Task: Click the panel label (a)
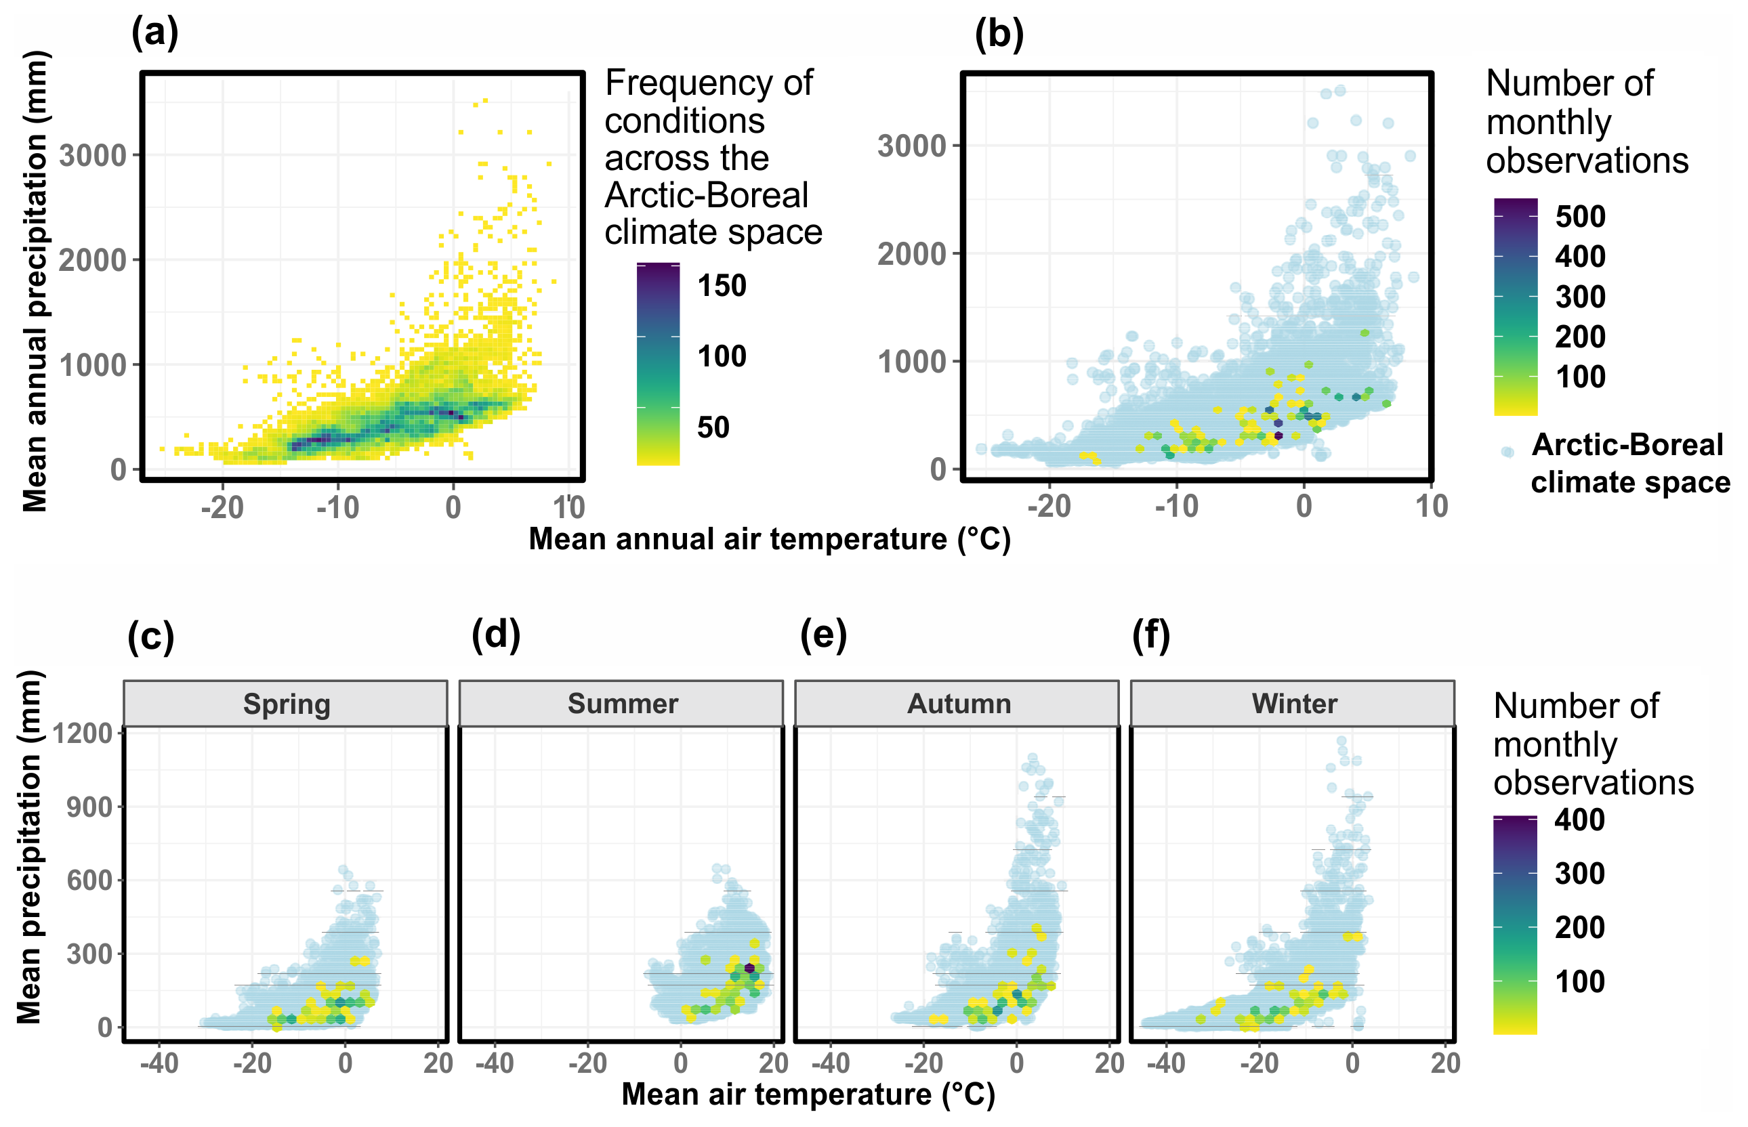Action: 154,34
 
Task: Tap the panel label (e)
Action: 823,635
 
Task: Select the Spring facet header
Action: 286,704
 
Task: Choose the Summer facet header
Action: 622,704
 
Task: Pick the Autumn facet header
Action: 958,704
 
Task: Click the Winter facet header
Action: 1293,704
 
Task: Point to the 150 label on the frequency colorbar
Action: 722,285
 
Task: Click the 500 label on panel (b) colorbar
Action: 1581,217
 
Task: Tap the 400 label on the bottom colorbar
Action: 1580,820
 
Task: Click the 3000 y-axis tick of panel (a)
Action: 93,156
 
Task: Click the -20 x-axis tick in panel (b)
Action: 1049,507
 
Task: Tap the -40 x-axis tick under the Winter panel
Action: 1165,1063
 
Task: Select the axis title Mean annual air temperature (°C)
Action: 770,539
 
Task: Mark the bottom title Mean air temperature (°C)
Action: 808,1094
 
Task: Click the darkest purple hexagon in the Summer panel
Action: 749,969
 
